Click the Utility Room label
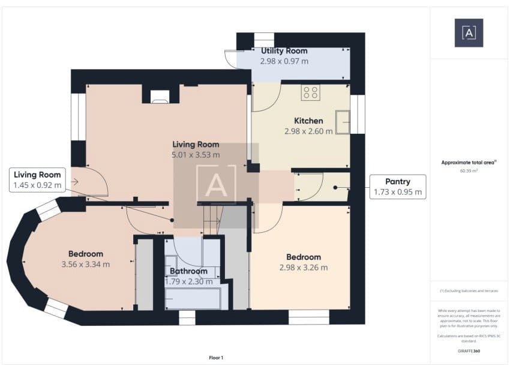284,51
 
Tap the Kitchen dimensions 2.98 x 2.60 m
308,131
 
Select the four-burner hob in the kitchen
311,92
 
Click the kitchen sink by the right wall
343,122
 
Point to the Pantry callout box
398,187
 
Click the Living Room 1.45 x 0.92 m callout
37,180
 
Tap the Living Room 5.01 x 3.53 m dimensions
196,155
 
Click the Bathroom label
188,271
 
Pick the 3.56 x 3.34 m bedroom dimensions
86,265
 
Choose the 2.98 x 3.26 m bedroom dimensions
304,268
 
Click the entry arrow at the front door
75,182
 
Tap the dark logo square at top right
469,33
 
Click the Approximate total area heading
469,162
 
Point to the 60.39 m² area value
469,171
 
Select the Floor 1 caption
216,358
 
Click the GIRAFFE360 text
469,351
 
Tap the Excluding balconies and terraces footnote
469,291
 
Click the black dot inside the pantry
335,188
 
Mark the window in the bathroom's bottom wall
187,317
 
